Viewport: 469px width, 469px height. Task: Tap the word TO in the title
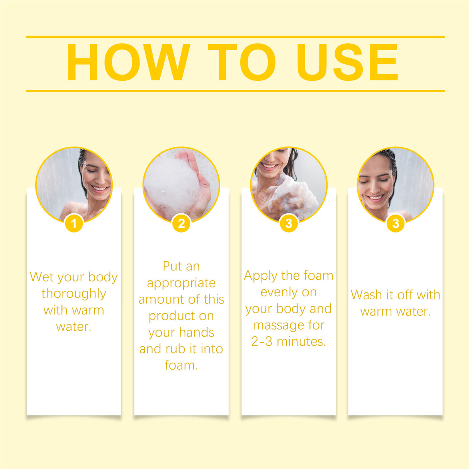(242, 63)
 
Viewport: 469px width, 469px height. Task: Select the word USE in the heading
(347, 63)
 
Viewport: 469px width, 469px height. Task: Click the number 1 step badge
(74, 223)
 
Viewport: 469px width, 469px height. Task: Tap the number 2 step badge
(181, 223)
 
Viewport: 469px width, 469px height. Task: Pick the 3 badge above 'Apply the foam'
(289, 223)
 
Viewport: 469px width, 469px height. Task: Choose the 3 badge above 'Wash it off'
(395, 223)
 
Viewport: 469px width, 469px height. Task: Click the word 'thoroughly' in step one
(74, 294)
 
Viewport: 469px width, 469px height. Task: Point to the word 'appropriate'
(181, 283)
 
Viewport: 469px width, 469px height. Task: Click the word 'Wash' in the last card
(366, 295)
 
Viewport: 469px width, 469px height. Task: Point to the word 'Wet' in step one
(41, 277)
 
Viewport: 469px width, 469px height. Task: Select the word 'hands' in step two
(197, 333)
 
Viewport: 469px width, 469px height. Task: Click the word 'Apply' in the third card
(261, 276)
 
